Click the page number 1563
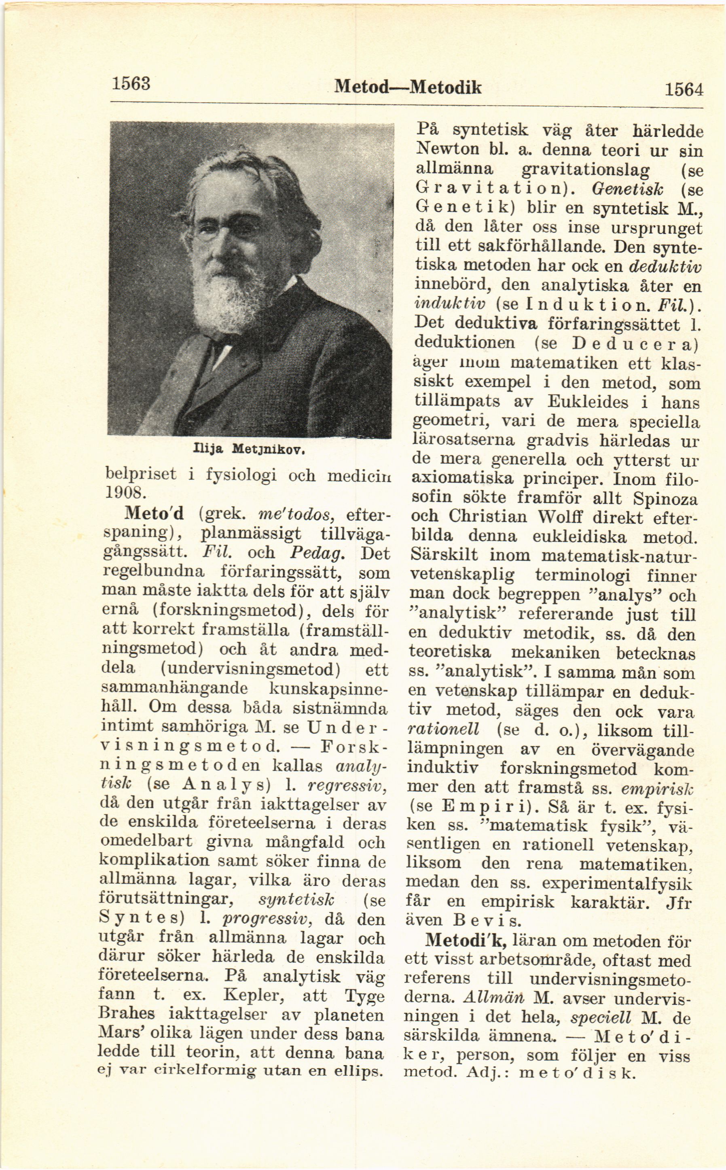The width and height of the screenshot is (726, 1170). coord(131,84)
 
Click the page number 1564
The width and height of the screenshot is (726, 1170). coord(684,89)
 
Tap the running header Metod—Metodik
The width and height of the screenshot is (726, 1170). coord(408,87)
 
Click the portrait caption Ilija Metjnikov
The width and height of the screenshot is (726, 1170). coord(249,450)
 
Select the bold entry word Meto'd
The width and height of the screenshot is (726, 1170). coord(154,514)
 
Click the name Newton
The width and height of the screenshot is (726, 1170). coord(447,149)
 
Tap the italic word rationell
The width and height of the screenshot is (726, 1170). coord(443,730)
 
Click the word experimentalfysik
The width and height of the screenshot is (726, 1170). coord(616,883)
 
